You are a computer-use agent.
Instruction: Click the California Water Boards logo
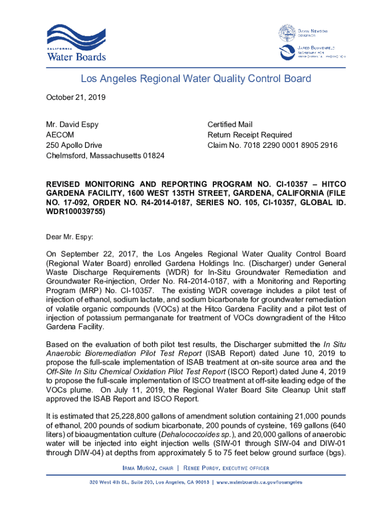tap(76, 43)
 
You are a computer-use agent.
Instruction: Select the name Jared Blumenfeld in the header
tap(319, 46)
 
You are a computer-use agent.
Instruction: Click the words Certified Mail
tap(230, 124)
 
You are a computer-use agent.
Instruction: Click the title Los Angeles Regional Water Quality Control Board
tap(196, 79)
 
